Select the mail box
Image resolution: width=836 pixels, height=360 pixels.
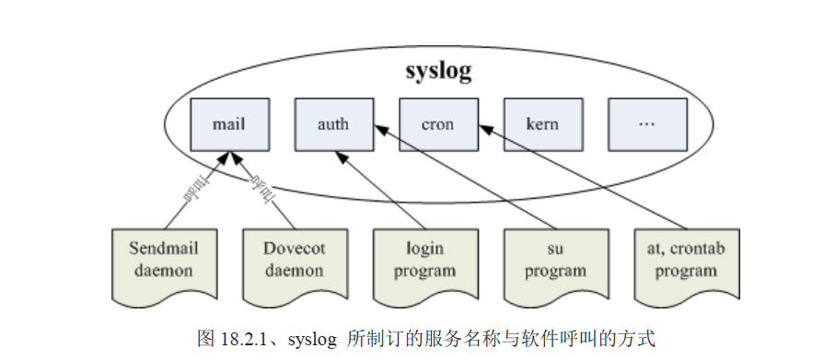228,123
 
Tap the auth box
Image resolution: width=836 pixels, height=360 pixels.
333,123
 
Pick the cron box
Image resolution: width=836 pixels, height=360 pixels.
438,123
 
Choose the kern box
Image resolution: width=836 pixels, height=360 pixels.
542,123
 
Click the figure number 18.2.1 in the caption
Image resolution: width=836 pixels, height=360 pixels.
247,339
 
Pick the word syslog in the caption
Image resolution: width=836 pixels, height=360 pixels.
314,339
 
